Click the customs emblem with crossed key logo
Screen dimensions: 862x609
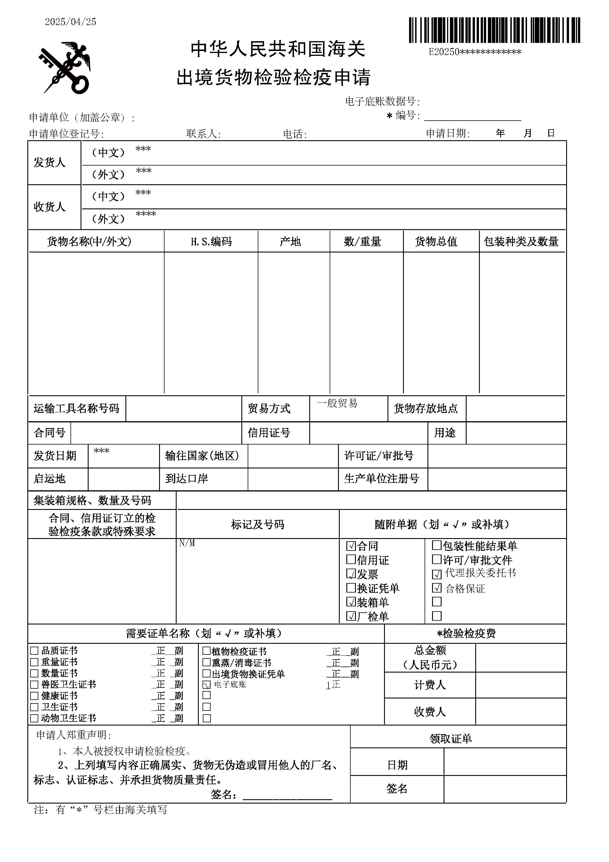[x=64, y=68]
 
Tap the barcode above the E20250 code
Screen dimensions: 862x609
[x=494, y=30]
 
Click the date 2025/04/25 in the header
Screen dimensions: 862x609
[x=70, y=22]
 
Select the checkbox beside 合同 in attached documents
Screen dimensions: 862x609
[x=351, y=546]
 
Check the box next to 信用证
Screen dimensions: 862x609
[x=351, y=559]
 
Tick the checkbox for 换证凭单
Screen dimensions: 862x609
[x=351, y=588]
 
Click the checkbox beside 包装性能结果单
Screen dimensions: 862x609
[x=436, y=545]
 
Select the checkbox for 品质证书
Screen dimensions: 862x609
[x=34, y=651]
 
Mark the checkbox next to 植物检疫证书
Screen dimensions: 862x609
[x=206, y=651]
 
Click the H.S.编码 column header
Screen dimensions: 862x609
[x=211, y=241]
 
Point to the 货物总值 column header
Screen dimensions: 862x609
[x=436, y=241]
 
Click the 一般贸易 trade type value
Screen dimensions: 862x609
[x=337, y=403]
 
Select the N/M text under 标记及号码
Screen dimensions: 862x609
[x=187, y=543]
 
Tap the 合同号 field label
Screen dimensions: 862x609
[x=49, y=433]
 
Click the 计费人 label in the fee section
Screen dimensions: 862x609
[x=430, y=685]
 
